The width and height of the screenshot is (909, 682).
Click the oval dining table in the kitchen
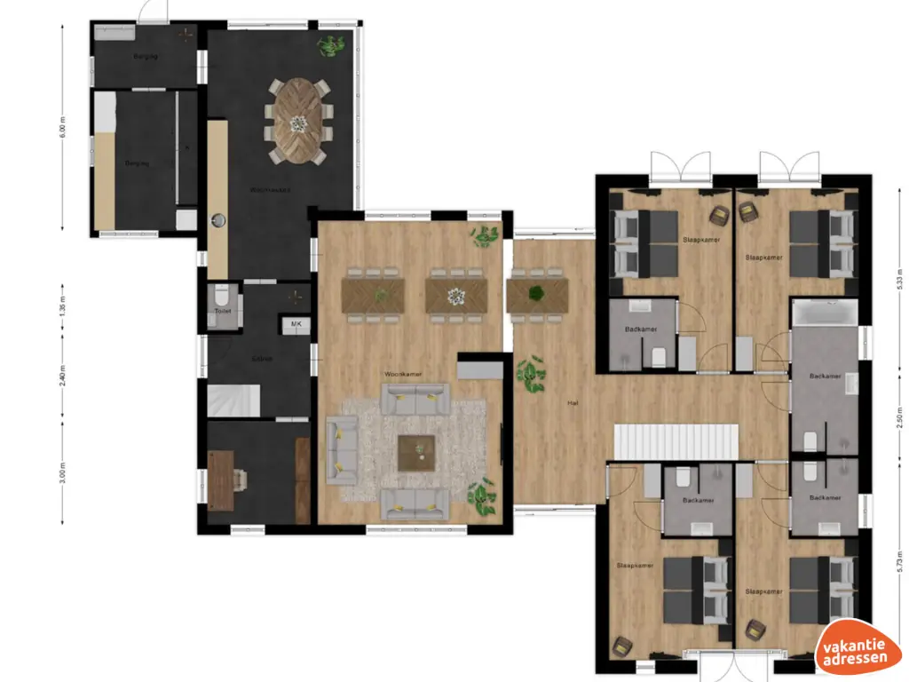tap(298, 121)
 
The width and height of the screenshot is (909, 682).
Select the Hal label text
tap(573, 403)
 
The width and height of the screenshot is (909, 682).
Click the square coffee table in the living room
tap(416, 453)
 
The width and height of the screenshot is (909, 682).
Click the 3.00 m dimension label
tap(63, 472)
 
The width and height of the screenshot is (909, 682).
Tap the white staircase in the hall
tap(677, 441)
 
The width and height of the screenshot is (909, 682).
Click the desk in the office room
tap(221, 480)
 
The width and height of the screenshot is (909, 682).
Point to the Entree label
tap(261, 359)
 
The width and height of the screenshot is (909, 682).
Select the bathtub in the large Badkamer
tap(825, 313)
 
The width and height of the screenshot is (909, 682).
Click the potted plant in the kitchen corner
tap(334, 44)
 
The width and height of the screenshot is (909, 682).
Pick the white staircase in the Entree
tap(233, 400)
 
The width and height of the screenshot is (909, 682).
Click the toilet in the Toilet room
tap(222, 295)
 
